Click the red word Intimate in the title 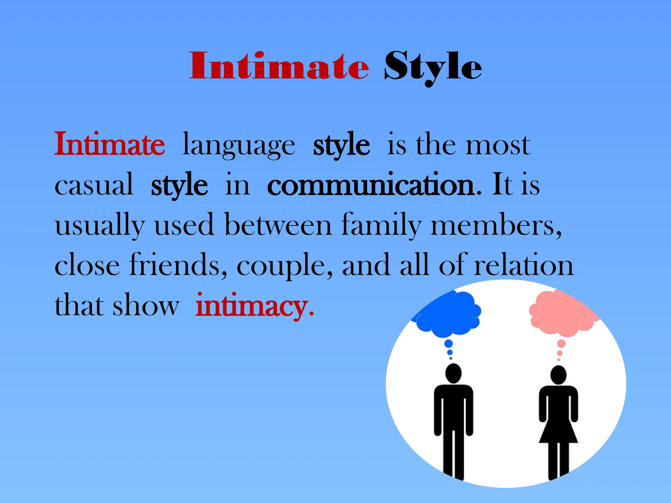[x=279, y=66]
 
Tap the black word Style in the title [x=433, y=68]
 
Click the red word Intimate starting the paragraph [x=109, y=144]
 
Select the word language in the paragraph [x=239, y=146]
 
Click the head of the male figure [x=453, y=373]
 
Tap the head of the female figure [x=558, y=375]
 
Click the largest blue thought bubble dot [x=449, y=344]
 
